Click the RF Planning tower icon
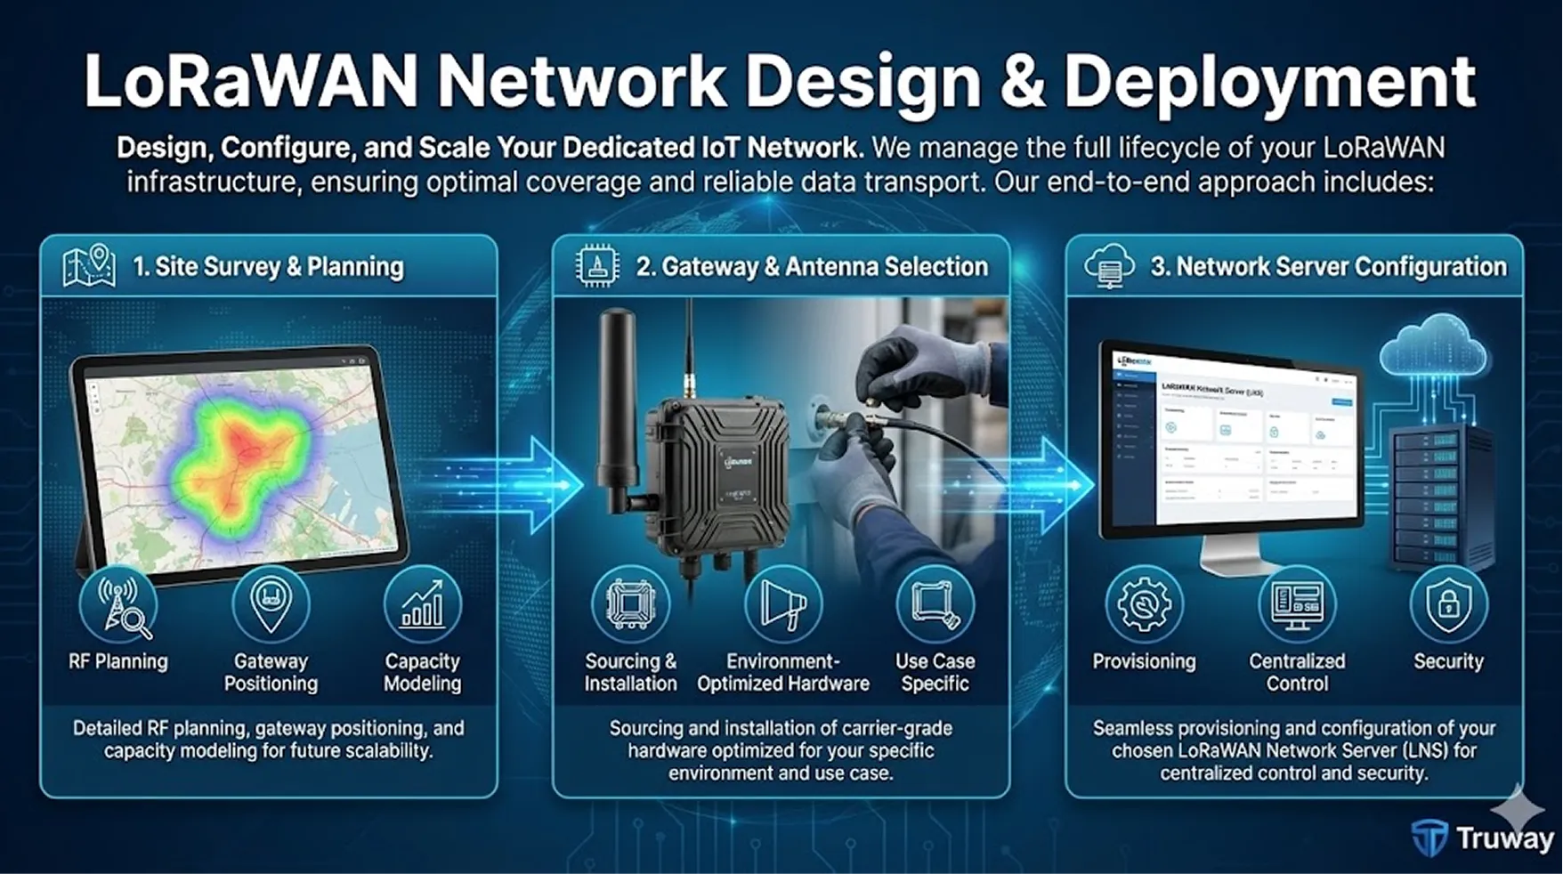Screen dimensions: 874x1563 click(118, 605)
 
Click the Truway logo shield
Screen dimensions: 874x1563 click(1430, 838)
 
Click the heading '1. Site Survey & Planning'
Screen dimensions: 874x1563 click(268, 266)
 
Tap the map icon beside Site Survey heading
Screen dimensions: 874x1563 click(89, 266)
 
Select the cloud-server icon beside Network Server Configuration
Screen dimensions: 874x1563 click(1109, 266)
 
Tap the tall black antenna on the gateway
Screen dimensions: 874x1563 click(615, 392)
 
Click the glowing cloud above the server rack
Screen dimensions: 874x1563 click(1432, 346)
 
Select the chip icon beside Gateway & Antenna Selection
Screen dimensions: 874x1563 click(597, 266)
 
